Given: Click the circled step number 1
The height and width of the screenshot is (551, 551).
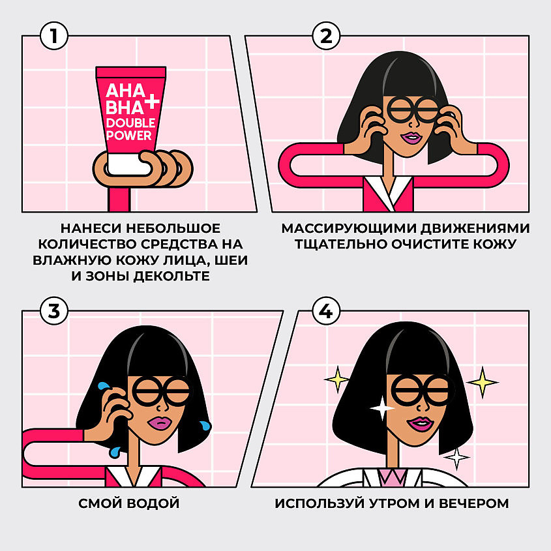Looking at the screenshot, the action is coord(53,36).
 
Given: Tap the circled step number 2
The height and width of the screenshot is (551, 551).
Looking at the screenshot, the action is coord(326,36).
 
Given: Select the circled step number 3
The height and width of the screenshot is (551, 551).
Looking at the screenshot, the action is coord(53,311).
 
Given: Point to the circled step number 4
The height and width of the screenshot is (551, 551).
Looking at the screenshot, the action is coord(326,311).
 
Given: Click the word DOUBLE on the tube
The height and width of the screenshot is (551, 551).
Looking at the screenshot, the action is coord(130,123).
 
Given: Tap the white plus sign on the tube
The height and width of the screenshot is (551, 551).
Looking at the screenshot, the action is coord(152,102).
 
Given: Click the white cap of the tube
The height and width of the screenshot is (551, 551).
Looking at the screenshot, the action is coord(128,164).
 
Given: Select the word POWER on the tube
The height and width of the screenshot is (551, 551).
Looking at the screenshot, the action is coord(128,135).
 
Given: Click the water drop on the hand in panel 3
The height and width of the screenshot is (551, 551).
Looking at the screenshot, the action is coord(104,387).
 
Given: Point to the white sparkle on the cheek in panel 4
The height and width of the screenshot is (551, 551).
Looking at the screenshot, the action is coord(382,408).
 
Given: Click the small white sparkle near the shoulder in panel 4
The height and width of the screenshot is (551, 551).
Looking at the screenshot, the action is coord(456,458).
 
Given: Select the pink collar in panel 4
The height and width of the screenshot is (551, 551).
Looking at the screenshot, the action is coord(392,477).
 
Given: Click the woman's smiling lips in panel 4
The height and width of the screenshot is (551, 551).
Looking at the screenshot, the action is coord(421,424).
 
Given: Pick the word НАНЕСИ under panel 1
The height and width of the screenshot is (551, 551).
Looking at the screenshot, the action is coord(91,228).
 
